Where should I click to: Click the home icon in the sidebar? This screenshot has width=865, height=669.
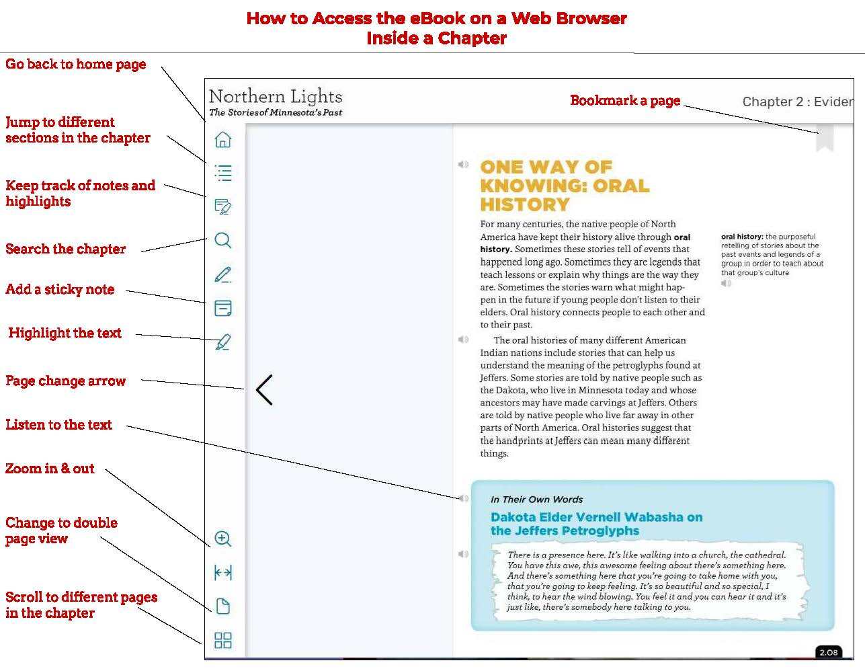click(223, 139)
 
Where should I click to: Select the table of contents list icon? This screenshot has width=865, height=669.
click(223, 173)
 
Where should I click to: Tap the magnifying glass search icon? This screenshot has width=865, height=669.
click(223, 240)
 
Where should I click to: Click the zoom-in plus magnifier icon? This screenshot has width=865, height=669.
click(223, 539)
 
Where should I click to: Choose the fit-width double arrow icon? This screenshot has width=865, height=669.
click(223, 572)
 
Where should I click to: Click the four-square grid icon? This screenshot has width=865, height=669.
click(223, 640)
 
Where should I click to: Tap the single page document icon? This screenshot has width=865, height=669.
click(223, 606)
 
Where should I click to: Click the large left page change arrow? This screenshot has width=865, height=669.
click(264, 390)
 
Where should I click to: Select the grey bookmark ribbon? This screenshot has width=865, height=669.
click(825, 138)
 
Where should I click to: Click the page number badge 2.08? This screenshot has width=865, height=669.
click(828, 652)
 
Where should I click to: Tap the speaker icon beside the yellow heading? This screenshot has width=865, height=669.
click(463, 164)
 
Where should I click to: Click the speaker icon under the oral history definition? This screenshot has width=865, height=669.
click(726, 283)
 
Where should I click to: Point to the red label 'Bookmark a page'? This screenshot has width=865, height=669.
click(625, 101)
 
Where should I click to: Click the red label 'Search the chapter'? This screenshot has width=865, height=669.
click(65, 249)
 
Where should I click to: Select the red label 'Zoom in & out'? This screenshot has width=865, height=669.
click(50, 469)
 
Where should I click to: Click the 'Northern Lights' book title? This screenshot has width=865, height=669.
click(276, 96)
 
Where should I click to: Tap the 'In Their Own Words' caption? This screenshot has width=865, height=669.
click(536, 500)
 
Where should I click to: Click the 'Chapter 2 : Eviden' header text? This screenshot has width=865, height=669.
click(797, 102)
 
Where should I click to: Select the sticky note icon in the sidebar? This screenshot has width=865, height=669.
click(223, 308)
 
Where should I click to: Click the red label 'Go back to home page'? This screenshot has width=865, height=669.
click(75, 65)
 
